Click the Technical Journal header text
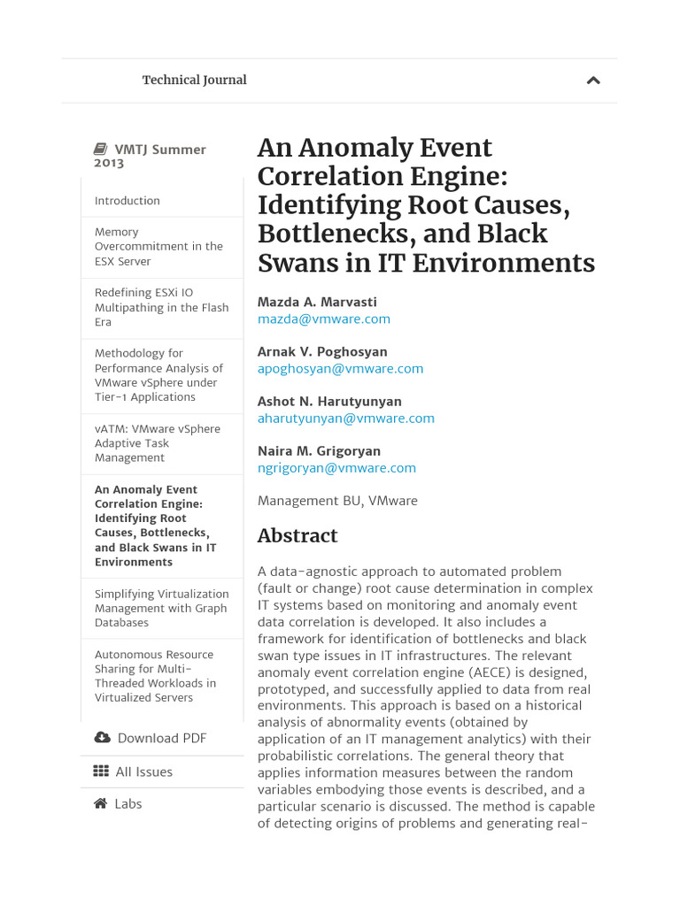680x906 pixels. tap(194, 80)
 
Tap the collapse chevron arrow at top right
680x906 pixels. tap(593, 81)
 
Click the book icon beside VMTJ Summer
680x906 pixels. tap(101, 150)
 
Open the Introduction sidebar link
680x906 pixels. tap(127, 201)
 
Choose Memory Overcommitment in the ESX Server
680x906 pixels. tap(158, 247)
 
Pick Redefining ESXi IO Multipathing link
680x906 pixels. tap(161, 307)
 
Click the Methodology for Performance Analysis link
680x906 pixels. tap(158, 375)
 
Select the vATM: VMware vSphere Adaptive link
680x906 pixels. tap(158, 443)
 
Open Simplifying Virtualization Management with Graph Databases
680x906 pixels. tap(161, 608)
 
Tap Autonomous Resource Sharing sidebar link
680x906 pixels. tap(155, 676)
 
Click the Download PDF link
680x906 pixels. tap(161, 738)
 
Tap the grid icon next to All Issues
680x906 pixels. tap(101, 772)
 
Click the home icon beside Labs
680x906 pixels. tap(101, 803)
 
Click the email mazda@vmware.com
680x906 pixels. tap(323, 319)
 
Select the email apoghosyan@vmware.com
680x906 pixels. tap(340, 369)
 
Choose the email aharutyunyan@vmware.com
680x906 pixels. tap(345, 418)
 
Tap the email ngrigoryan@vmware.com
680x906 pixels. tap(336, 468)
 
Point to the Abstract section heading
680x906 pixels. tap(297, 535)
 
